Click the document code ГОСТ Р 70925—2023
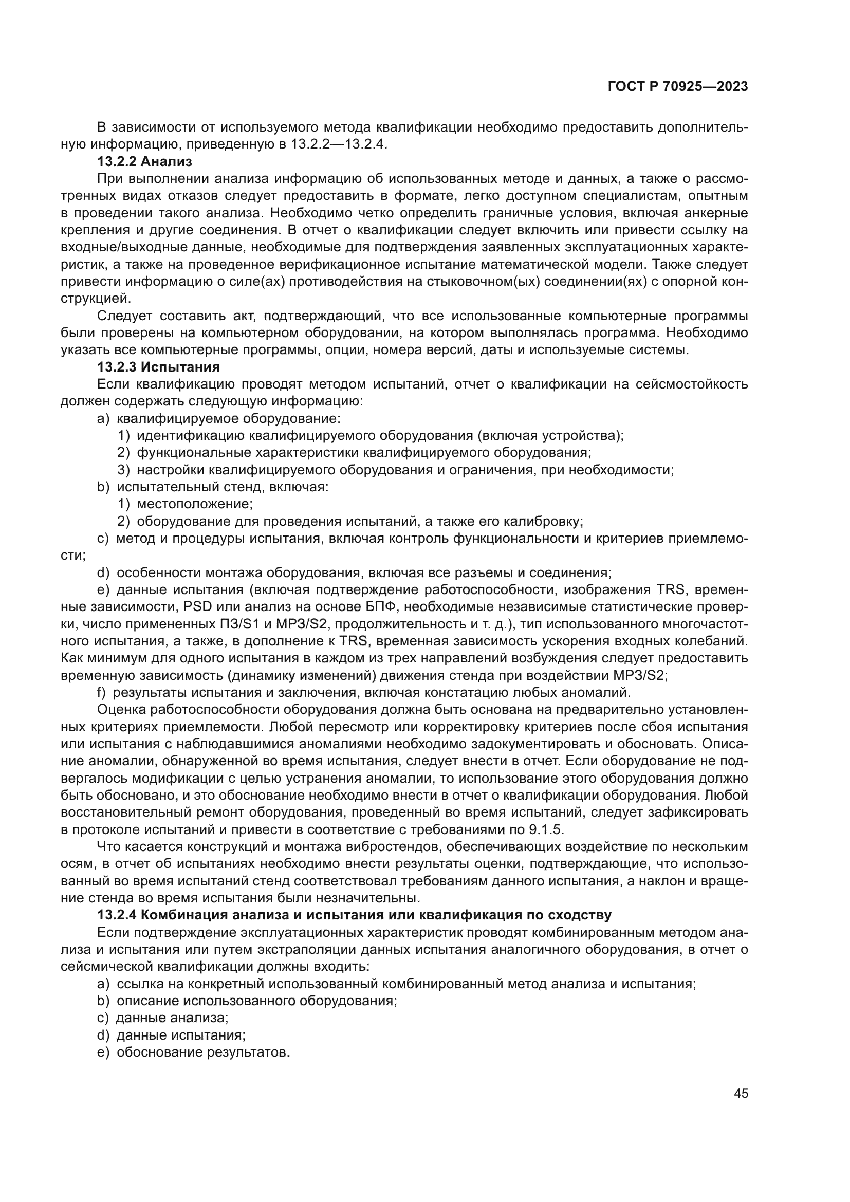(677, 87)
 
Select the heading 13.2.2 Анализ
(144, 162)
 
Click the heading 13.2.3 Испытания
(159, 366)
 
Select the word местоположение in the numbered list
(195, 504)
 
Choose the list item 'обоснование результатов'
(203, 1052)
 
